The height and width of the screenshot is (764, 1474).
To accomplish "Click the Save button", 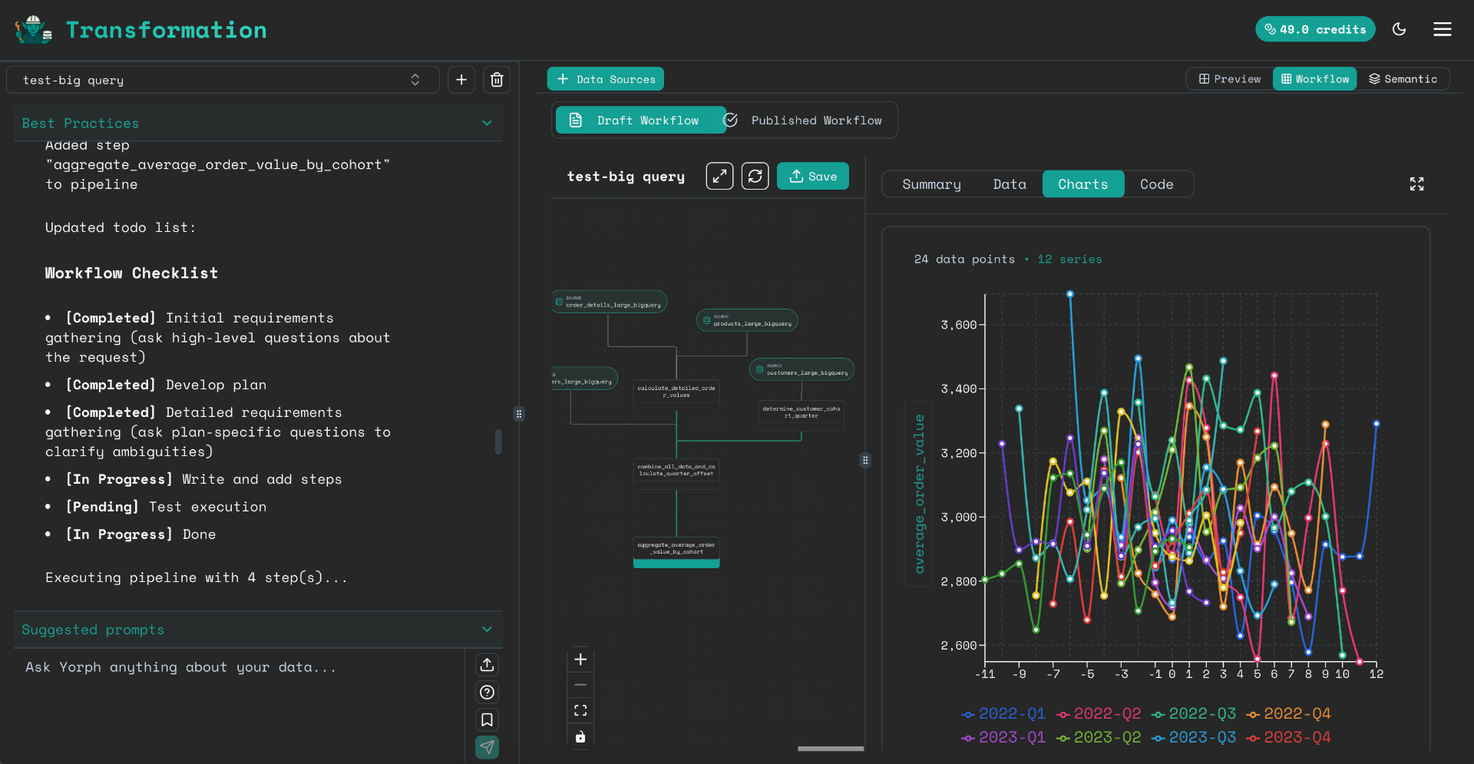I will (x=812, y=177).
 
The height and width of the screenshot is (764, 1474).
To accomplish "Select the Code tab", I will (x=1156, y=184).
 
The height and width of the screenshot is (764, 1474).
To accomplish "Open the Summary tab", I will (x=931, y=184).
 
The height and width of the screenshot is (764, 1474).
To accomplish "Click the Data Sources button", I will (x=605, y=79).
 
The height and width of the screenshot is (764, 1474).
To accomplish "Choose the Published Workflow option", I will (x=815, y=121).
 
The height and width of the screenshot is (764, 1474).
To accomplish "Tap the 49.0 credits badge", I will (x=1314, y=29).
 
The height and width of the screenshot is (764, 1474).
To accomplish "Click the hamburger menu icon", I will (x=1442, y=29).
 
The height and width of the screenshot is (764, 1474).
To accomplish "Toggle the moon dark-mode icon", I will (x=1399, y=29).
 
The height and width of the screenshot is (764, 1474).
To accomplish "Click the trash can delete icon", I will (x=497, y=80).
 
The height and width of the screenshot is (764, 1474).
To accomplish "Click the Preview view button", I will (x=1230, y=79).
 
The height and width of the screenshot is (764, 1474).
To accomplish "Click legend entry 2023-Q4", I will (x=1289, y=737).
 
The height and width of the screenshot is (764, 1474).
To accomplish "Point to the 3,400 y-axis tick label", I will (x=958, y=389).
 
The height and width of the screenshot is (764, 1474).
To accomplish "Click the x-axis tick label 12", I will (x=1376, y=674).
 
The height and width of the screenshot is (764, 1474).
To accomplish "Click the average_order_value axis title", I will (x=919, y=494).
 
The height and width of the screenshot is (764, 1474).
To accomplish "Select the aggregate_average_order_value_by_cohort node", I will (x=676, y=549).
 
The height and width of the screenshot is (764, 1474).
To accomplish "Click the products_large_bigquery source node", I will (x=747, y=321).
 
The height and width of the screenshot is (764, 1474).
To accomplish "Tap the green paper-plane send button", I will (x=487, y=746).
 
